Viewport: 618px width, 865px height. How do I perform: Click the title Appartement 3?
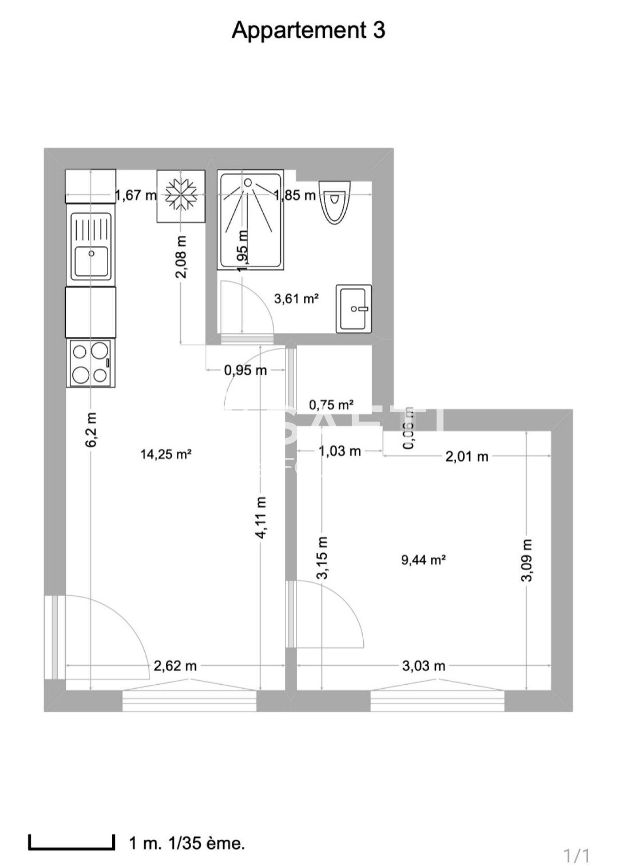coord(308,31)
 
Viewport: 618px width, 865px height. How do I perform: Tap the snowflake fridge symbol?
coord(180,196)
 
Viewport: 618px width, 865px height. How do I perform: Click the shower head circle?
coord(248,182)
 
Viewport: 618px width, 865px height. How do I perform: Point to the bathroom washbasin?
coord(353,309)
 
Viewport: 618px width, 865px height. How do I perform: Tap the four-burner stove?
coord(90,363)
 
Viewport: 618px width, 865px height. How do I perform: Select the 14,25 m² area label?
coord(166,454)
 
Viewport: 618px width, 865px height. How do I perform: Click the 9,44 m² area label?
coord(423,560)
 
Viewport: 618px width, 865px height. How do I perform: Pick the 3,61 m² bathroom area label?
coord(297,298)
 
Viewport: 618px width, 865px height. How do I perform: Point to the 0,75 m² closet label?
coord(331,405)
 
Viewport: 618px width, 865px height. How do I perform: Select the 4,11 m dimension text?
coord(261,517)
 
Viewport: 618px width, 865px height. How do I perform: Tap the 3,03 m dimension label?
coord(423,666)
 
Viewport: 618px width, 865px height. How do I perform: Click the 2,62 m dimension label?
coord(175,666)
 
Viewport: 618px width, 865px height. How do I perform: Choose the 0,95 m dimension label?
coord(245,370)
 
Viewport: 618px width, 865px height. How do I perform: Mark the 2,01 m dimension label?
coord(467,457)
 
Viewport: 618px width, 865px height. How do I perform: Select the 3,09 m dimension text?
coord(527,560)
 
